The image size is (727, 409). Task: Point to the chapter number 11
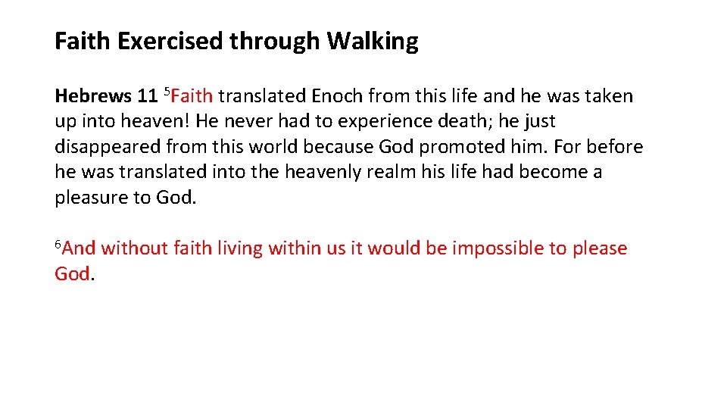point(147,96)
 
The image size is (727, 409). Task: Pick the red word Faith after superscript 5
point(192,96)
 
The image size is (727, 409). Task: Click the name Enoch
point(336,96)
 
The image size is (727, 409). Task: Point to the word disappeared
point(108,147)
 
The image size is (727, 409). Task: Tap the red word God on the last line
point(72,273)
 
